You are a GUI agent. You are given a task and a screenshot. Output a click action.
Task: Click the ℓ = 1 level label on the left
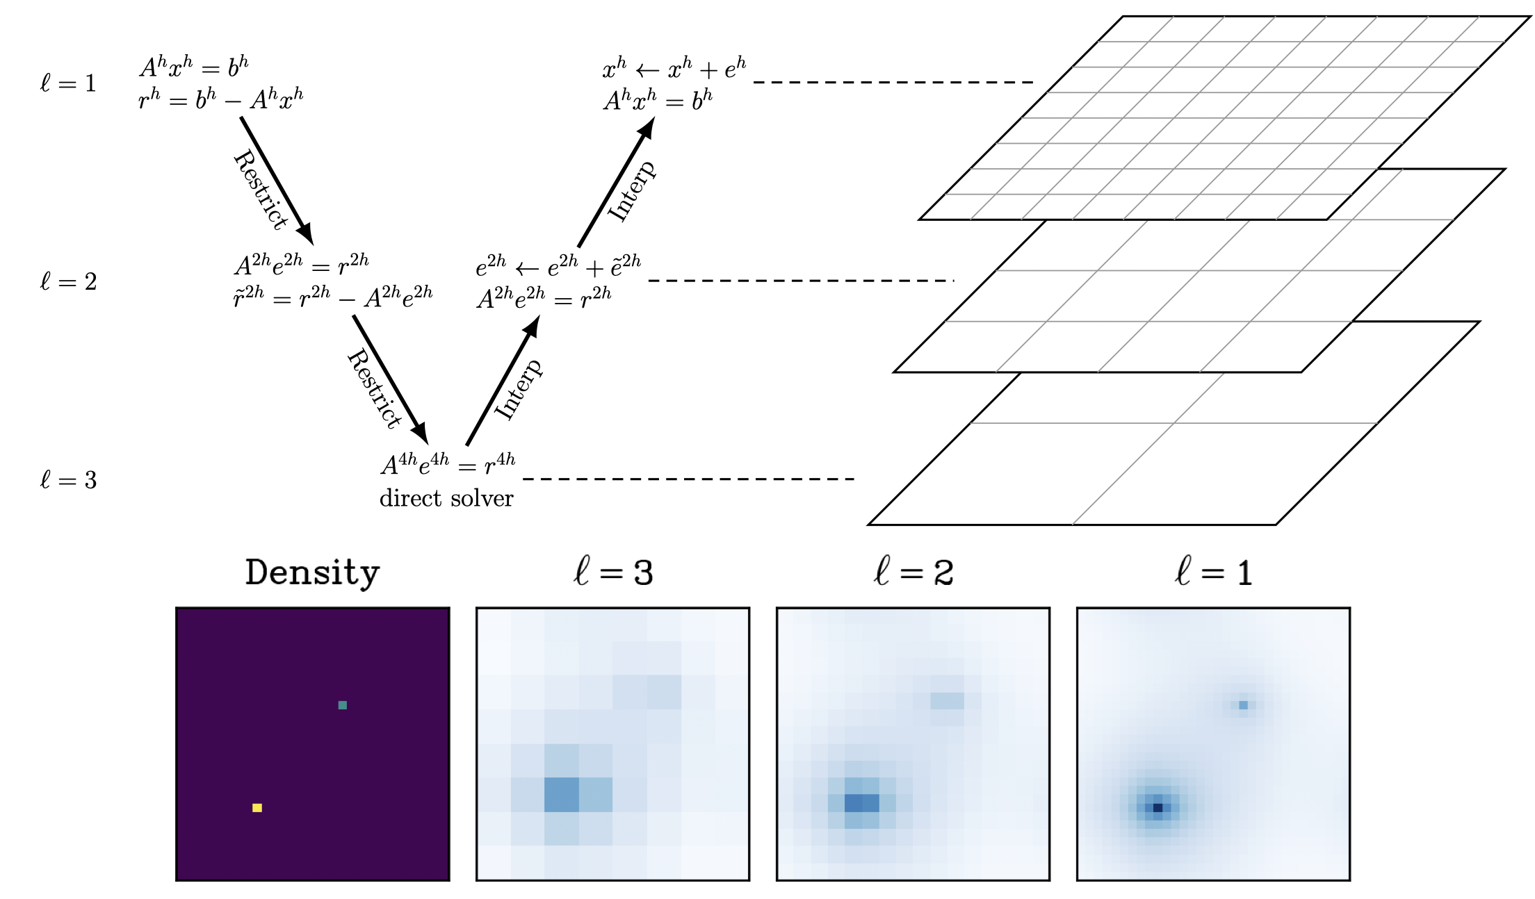pyautogui.click(x=68, y=84)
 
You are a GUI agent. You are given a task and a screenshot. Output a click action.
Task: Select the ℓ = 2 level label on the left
pyautogui.click(x=68, y=282)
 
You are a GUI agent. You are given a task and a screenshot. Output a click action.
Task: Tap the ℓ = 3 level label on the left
pyautogui.click(x=68, y=480)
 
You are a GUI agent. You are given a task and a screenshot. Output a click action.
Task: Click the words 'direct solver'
pyautogui.click(x=446, y=499)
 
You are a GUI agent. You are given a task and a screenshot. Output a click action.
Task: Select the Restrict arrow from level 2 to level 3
pyautogui.click(x=389, y=379)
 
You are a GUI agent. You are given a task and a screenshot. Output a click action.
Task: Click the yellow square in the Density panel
pyautogui.click(x=257, y=807)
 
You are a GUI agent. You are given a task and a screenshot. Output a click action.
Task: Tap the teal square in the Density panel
pyautogui.click(x=343, y=705)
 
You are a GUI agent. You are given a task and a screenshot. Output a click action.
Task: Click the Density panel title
pyautogui.click(x=312, y=573)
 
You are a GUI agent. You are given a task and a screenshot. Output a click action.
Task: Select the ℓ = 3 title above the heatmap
pyautogui.click(x=612, y=573)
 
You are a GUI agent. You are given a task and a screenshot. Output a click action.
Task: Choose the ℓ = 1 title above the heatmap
pyautogui.click(x=1213, y=573)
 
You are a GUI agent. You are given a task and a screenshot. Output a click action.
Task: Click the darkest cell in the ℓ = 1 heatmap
pyautogui.click(x=1158, y=807)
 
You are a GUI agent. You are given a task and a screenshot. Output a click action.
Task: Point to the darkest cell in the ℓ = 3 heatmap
pyautogui.click(x=562, y=795)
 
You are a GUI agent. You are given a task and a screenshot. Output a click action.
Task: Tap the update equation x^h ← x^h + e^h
pyautogui.click(x=674, y=69)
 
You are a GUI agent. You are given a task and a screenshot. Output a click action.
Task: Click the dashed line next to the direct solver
pyautogui.click(x=688, y=479)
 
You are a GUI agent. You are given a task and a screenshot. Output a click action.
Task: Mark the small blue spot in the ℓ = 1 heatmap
pyautogui.click(x=1243, y=705)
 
